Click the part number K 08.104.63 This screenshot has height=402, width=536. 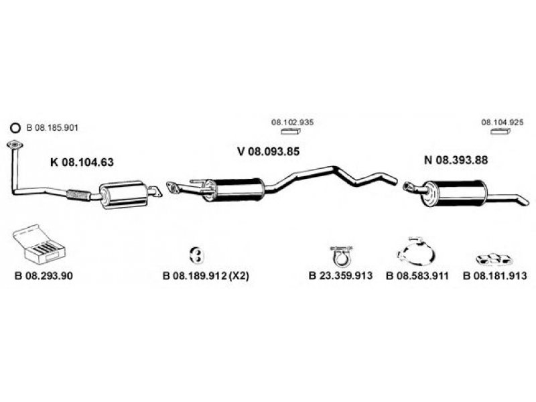tap(82, 161)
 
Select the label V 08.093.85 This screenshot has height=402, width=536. tap(268, 151)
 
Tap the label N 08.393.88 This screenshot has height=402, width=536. tap(455, 161)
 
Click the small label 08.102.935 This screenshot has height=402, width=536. tap(292, 123)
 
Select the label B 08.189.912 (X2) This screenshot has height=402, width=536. tap(206, 275)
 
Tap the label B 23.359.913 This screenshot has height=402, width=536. tap(340, 275)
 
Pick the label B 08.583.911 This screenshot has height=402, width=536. tap(417, 275)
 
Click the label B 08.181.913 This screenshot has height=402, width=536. tap(495, 275)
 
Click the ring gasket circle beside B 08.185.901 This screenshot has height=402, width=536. tap(16, 128)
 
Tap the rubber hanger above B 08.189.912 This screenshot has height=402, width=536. tap(196, 254)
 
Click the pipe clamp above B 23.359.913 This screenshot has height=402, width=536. tap(341, 255)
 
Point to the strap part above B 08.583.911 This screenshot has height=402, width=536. tap(416, 251)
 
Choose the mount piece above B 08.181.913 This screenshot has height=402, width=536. tap(494, 257)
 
